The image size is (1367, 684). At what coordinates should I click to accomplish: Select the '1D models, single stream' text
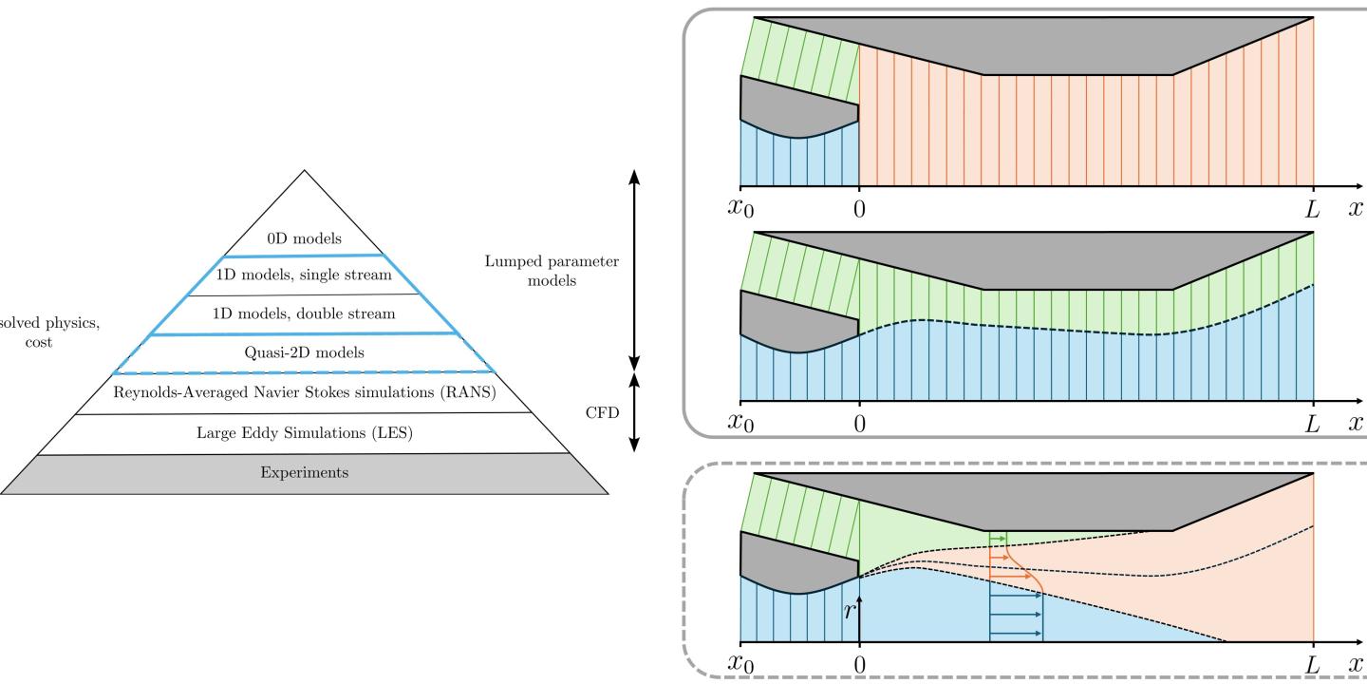(x=304, y=275)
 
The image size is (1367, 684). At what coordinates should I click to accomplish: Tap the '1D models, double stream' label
(x=304, y=313)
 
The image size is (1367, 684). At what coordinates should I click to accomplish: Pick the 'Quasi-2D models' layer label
(x=304, y=351)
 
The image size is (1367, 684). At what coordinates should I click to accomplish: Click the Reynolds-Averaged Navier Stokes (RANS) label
(x=304, y=392)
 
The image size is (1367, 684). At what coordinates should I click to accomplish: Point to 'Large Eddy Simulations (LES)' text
(x=304, y=433)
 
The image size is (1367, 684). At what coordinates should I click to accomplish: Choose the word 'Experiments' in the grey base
(x=304, y=472)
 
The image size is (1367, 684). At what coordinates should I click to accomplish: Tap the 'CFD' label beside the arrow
(x=595, y=413)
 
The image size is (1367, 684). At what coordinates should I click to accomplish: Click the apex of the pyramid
(x=304, y=171)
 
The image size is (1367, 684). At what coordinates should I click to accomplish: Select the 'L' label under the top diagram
(x=1312, y=209)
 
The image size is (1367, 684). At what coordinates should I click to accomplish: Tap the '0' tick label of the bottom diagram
(x=859, y=666)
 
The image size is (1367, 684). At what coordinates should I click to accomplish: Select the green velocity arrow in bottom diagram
(x=997, y=538)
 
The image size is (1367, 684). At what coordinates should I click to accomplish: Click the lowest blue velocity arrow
(x=1016, y=634)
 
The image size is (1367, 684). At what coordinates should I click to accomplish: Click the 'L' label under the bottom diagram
(x=1312, y=666)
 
